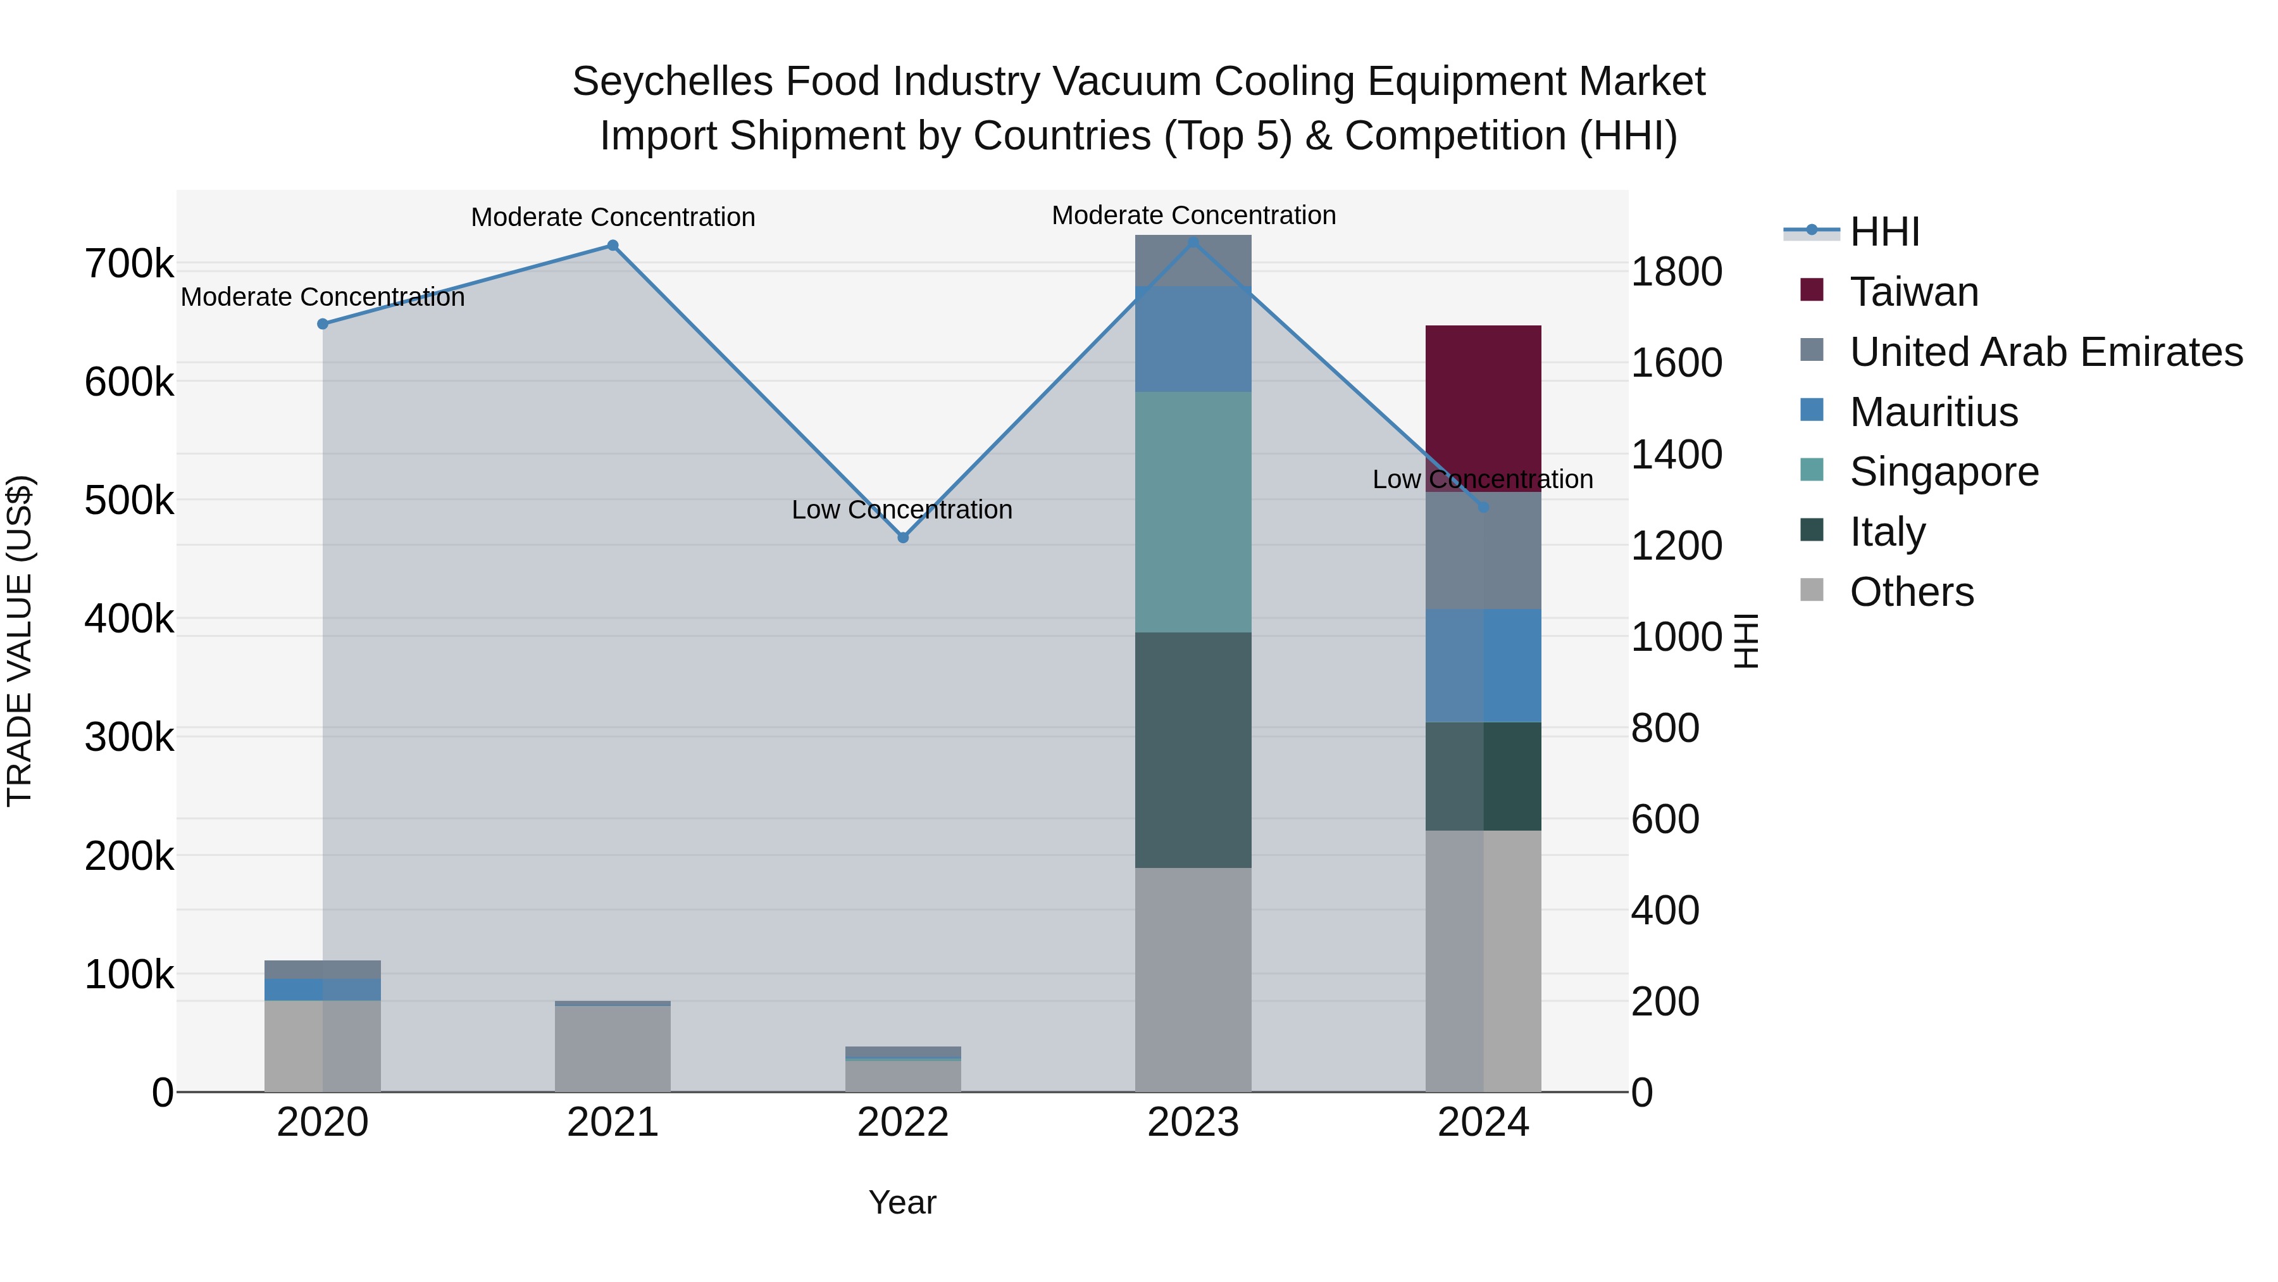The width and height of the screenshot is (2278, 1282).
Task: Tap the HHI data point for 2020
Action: tap(323, 324)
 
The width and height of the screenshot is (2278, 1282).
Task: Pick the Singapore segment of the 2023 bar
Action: tap(1193, 512)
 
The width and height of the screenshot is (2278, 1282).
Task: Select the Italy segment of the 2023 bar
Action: tap(1193, 750)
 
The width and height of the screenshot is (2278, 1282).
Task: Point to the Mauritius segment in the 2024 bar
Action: tap(1483, 665)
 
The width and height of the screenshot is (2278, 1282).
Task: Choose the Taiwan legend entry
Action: tap(1913, 292)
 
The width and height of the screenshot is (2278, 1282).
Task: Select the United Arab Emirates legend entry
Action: tap(2045, 352)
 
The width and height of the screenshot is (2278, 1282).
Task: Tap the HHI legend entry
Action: tap(1884, 232)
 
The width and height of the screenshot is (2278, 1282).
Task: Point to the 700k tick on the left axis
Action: tap(129, 263)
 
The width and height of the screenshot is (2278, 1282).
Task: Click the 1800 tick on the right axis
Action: tap(1676, 272)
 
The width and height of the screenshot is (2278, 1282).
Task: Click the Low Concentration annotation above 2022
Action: tap(901, 510)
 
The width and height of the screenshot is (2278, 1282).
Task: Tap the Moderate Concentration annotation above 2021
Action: tap(613, 217)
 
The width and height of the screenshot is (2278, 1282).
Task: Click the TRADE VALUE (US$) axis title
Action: tap(20, 641)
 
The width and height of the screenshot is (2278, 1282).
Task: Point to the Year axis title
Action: tap(902, 1202)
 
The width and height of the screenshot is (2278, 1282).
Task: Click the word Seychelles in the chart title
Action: tap(672, 82)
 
